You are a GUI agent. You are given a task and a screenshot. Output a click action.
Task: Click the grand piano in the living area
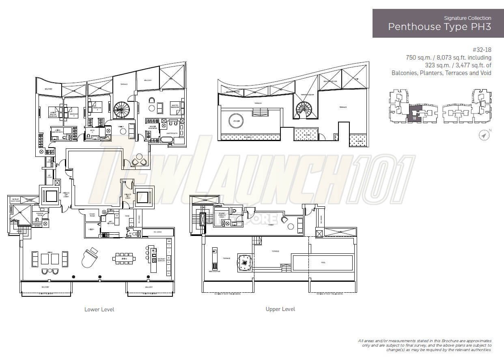90,257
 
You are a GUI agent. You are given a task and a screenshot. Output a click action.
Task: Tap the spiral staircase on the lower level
121,109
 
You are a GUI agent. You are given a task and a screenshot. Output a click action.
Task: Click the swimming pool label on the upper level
323,263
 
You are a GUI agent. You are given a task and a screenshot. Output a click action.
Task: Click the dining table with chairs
122,258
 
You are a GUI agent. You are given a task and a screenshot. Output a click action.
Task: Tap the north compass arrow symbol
484,135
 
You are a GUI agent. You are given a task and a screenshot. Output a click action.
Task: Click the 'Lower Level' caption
99,309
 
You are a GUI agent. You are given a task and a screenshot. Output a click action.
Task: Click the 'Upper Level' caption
280,309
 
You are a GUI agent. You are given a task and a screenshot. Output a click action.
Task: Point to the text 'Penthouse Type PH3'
439,27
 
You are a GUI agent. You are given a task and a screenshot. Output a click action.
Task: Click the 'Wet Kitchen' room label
110,223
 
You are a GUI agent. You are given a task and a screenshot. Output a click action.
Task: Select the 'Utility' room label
91,229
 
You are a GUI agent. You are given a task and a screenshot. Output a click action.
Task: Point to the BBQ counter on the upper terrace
214,258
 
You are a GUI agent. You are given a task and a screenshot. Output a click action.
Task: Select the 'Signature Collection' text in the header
467,18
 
